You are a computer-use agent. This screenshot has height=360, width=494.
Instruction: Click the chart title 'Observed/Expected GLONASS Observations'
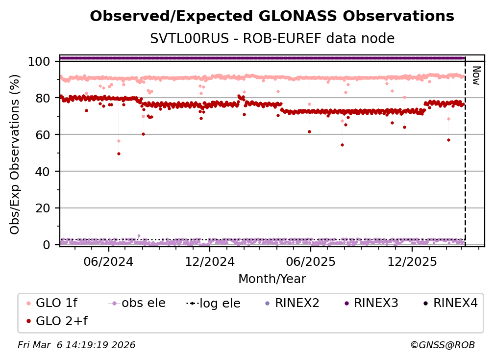(x=272, y=16)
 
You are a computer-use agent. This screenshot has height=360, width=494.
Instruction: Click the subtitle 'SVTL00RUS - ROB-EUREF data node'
(x=272, y=38)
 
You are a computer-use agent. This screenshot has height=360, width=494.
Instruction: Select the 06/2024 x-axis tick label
(x=108, y=261)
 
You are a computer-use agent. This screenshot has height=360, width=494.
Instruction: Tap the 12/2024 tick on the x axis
(x=209, y=261)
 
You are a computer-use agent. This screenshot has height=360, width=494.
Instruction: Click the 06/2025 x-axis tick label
(x=310, y=261)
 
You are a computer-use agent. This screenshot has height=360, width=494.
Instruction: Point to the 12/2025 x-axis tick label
(x=412, y=261)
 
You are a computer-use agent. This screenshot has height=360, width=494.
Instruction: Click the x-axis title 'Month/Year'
(x=272, y=279)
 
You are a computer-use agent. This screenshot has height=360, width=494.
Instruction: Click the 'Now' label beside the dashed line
(x=475, y=76)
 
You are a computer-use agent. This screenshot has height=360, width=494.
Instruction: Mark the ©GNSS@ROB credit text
(x=442, y=345)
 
